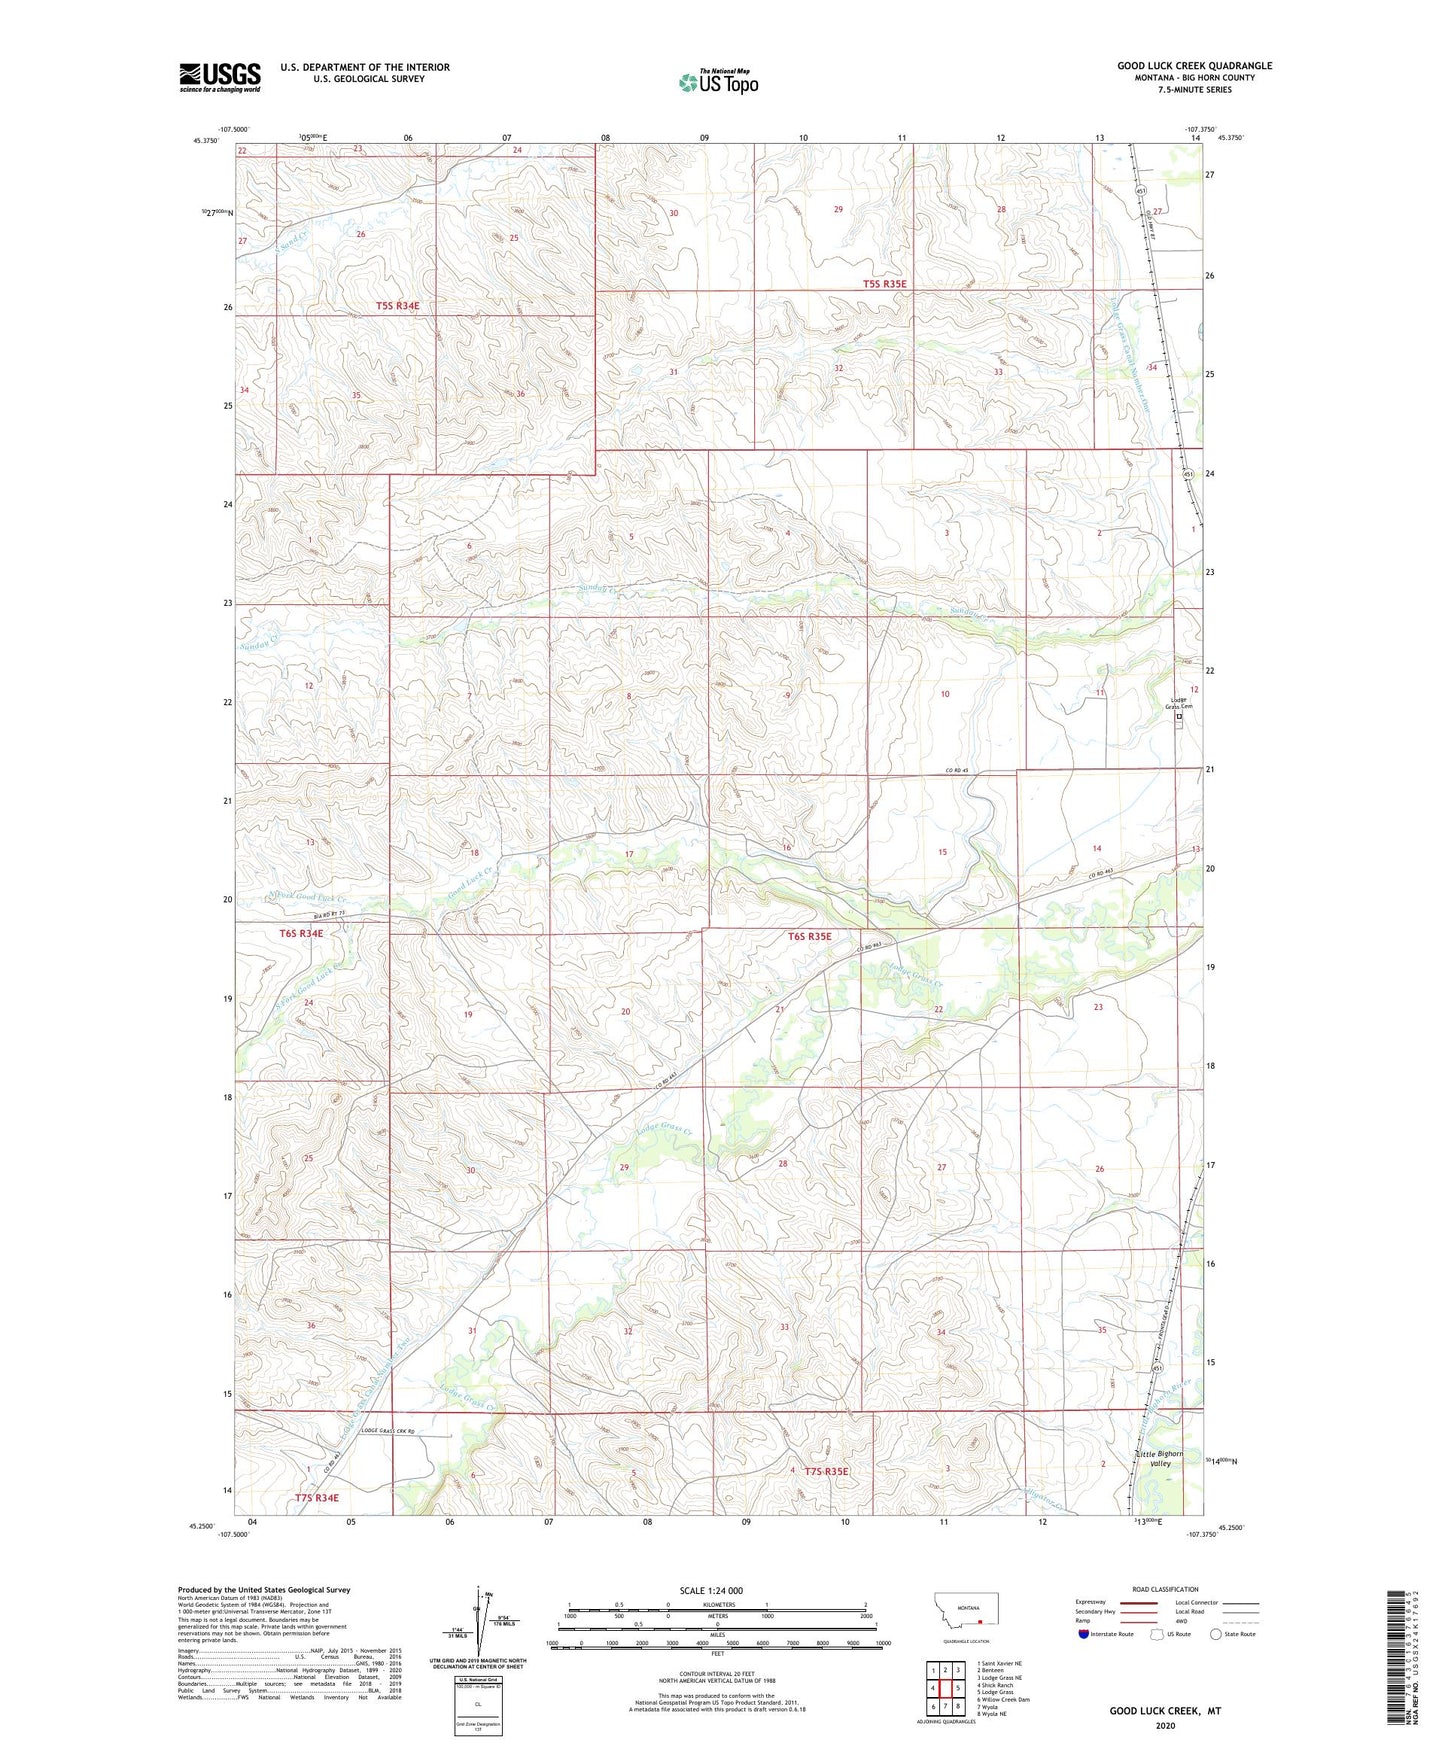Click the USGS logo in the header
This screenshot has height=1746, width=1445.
220,76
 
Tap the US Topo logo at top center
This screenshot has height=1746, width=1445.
718,82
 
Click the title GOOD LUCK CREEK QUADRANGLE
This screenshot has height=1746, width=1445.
1194,66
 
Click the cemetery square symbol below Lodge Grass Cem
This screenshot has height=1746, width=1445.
1179,716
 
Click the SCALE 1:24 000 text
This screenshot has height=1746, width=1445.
717,1590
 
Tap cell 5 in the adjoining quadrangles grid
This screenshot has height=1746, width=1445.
958,1687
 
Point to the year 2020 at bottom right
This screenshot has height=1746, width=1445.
1164,1725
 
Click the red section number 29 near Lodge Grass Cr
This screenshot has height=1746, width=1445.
625,1168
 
